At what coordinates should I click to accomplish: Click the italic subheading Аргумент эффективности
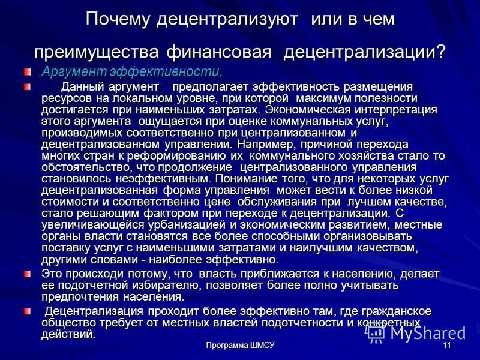(131, 71)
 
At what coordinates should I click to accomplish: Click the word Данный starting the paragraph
(82, 87)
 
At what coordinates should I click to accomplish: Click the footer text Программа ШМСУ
(239, 346)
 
